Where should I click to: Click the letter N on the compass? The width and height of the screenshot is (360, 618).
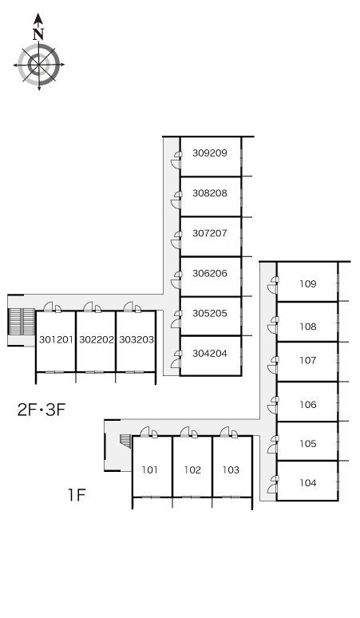(38, 34)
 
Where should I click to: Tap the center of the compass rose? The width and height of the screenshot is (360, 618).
(38, 65)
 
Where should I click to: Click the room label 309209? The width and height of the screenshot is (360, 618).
(210, 153)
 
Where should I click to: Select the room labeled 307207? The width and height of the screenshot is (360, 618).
(210, 233)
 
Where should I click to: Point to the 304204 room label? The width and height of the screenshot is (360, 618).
(210, 354)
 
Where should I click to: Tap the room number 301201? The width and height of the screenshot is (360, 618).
(57, 339)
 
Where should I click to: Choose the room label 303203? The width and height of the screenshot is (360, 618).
(136, 339)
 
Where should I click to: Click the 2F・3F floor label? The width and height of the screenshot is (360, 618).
(41, 410)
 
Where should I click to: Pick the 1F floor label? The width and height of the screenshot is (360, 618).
(77, 494)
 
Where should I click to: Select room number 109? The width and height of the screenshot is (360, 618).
(307, 283)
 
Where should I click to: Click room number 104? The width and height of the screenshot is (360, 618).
(307, 483)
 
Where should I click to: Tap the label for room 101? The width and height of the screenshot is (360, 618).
(150, 469)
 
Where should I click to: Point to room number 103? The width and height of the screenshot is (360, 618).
(231, 469)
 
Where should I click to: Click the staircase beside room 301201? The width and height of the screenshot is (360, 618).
(22, 321)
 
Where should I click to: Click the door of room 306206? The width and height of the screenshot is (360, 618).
(176, 279)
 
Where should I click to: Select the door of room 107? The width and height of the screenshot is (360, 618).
(273, 364)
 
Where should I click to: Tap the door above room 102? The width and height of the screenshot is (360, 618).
(188, 432)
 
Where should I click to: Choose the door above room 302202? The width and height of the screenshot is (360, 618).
(92, 307)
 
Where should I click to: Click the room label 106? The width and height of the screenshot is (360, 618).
(307, 404)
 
